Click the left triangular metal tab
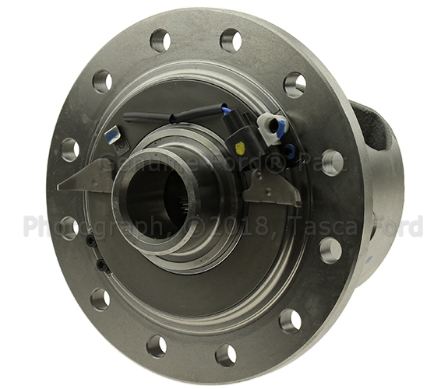pos(87,177)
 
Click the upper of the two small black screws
pos(91,241)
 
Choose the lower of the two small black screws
pos(102,266)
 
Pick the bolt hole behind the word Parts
pos(332,162)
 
